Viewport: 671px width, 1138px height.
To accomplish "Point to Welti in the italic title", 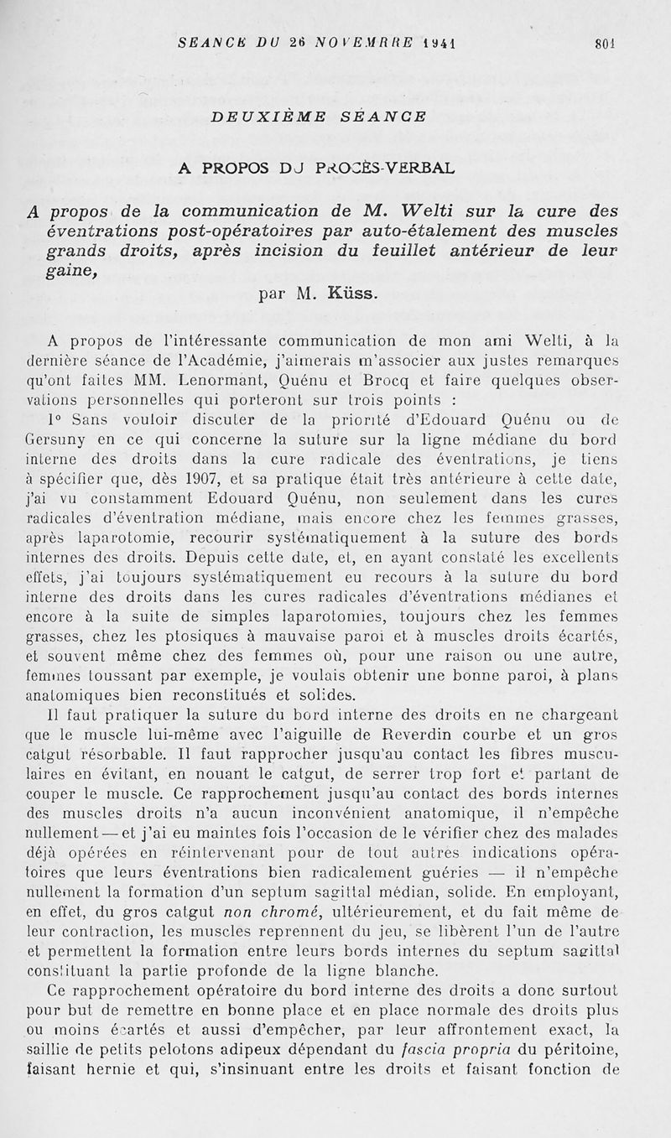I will click(x=431, y=210).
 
